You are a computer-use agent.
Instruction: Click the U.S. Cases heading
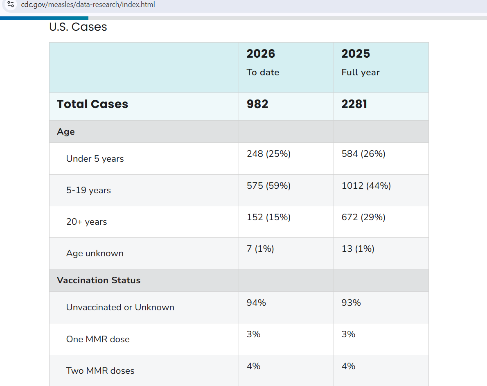[78, 27]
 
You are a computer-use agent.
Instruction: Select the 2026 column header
[261, 54]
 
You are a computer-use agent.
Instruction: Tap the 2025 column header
[356, 54]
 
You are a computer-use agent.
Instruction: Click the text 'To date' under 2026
[263, 72]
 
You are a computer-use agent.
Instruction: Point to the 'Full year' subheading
[361, 72]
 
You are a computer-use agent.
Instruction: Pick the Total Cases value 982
[257, 104]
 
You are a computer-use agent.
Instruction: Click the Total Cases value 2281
[354, 104]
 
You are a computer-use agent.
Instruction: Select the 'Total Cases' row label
[92, 104]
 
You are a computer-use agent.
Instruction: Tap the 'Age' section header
[66, 132]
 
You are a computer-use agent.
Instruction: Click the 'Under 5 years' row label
[95, 159]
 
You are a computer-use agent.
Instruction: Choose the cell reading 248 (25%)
[268, 154]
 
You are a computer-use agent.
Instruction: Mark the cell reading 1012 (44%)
[366, 186]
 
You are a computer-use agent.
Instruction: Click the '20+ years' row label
[86, 222]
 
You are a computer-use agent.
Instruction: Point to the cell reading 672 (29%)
[363, 217]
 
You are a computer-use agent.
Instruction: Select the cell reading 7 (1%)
[260, 249]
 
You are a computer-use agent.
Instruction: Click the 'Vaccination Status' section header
[99, 280]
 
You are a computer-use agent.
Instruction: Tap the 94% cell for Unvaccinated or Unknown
[256, 303]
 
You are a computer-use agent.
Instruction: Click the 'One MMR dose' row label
[98, 339]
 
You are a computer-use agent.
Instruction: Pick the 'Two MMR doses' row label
[100, 371]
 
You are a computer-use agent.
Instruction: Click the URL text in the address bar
[88, 5]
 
